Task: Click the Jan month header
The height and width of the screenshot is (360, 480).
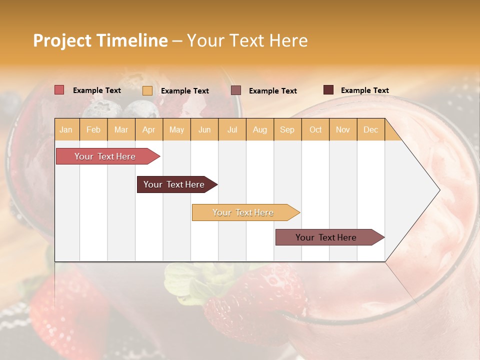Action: tap(66, 129)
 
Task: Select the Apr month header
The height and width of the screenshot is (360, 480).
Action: tap(148, 129)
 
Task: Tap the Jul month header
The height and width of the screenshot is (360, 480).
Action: tap(232, 129)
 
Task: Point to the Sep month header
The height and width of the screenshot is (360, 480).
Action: tap(287, 129)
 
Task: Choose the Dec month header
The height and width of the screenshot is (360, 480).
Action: tap(370, 129)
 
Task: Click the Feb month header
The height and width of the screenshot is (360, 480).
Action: tap(93, 129)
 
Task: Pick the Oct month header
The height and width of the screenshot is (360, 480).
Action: tap(315, 129)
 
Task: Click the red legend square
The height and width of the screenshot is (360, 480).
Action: tap(59, 90)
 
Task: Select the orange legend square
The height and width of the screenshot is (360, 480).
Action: tap(147, 90)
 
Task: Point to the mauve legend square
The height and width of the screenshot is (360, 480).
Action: tap(235, 90)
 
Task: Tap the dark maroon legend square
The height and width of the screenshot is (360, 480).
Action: tap(328, 90)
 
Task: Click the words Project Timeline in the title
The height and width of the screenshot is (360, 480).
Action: tap(100, 40)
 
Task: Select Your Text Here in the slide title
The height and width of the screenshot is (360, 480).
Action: tap(247, 40)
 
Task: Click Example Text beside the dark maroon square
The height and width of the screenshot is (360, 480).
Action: tap(364, 90)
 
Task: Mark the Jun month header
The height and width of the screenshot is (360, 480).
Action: tap(204, 129)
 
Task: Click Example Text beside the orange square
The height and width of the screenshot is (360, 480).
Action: tap(184, 91)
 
